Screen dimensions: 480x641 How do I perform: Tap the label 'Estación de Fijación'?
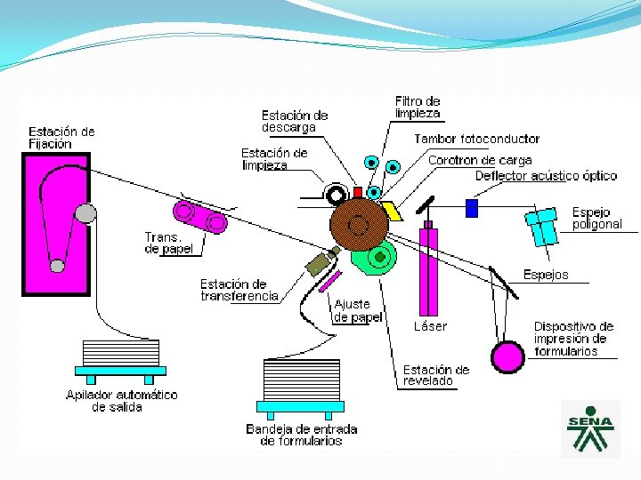[61, 138]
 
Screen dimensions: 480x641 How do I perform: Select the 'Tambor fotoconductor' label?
[476, 139]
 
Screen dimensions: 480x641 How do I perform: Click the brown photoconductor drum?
[359, 223]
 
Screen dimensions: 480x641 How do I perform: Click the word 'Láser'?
[431, 326]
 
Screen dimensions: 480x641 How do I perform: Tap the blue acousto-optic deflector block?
[472, 208]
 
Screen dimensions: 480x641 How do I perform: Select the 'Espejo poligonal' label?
[596, 219]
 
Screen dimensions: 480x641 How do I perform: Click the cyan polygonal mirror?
[543, 227]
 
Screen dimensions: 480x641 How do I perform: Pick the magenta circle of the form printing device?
[508, 356]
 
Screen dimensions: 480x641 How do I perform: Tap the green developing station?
[373, 258]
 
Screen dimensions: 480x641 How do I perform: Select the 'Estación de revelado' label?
[435, 375]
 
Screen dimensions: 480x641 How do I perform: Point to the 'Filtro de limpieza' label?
[418, 108]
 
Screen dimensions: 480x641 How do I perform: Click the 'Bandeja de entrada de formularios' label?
[302, 435]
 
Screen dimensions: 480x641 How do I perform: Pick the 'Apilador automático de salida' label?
[122, 400]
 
